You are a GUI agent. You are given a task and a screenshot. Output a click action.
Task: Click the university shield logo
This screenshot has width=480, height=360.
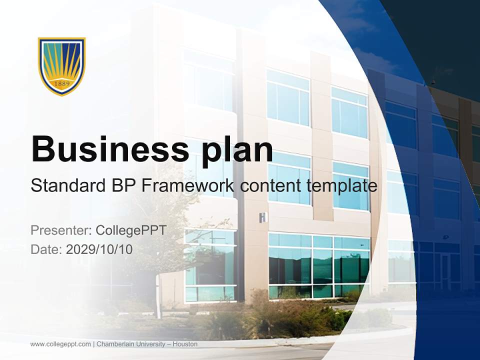[62, 65]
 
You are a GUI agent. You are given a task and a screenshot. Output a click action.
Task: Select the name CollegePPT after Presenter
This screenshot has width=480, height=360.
[131, 230]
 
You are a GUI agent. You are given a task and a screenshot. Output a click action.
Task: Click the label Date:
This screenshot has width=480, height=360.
[46, 249]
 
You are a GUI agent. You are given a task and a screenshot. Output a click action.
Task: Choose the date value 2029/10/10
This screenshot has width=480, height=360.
[99, 249]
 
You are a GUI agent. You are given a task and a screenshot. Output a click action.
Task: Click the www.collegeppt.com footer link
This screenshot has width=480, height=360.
[60, 344]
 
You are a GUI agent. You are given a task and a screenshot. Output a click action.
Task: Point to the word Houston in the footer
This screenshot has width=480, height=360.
[185, 344]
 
